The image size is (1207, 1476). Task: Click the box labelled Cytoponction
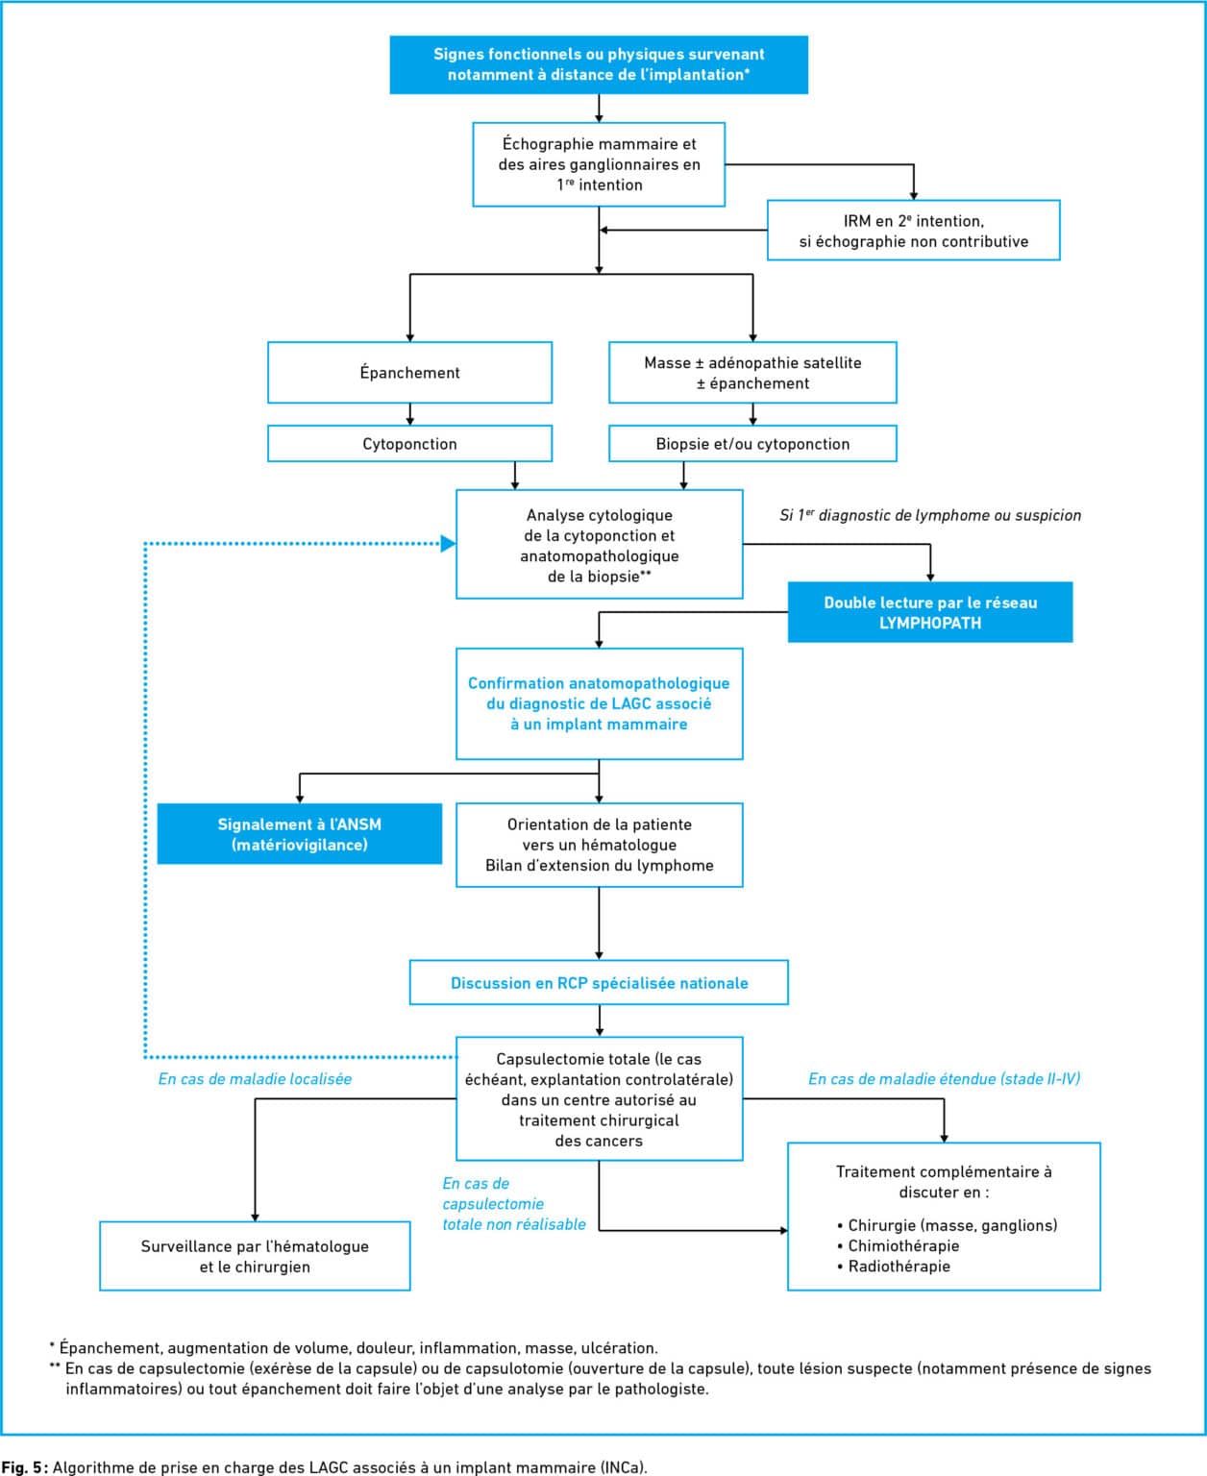coord(409,444)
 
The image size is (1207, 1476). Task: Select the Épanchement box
coord(409,372)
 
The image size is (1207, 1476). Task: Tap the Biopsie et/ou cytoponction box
coord(752,444)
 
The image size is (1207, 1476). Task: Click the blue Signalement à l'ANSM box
coord(300,833)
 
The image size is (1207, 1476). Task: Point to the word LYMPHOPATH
coord(929,623)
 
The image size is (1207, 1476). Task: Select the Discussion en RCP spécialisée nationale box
coord(599,983)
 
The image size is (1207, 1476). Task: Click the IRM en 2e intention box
coord(914,231)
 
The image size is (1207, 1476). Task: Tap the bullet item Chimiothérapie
coord(899,1245)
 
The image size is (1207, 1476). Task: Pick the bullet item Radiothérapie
coord(894,1267)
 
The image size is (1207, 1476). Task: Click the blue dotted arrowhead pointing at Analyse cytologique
coord(448,543)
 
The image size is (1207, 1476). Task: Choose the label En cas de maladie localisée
coord(255,1078)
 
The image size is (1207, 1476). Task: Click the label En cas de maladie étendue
coord(945,1078)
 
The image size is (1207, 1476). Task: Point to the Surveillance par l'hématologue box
coord(255,1256)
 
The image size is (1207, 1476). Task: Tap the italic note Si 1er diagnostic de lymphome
coord(930,515)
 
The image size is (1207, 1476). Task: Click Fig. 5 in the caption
coord(23,1467)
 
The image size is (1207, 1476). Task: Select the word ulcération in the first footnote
coord(619,1347)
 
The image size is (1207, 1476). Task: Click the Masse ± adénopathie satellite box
coord(752,372)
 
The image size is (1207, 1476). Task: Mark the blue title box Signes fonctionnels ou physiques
coord(599,64)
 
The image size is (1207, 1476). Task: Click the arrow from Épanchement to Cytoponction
coord(410,414)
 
